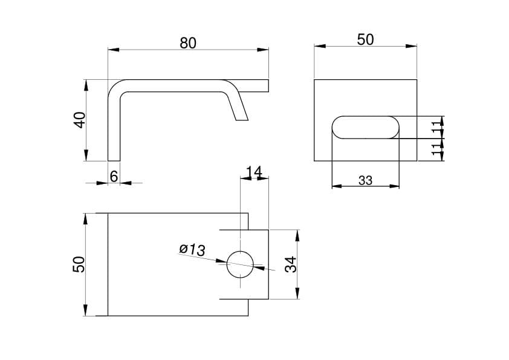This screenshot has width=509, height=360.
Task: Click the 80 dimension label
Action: (x=188, y=43)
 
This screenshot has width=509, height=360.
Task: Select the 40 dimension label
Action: (x=80, y=120)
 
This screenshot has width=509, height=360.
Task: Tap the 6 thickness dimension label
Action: (x=114, y=177)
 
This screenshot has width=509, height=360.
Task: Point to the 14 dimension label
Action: (x=254, y=172)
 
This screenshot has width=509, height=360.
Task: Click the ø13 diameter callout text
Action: (x=192, y=249)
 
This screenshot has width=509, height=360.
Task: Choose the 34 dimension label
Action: (x=291, y=264)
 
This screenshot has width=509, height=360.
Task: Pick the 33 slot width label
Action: (x=365, y=180)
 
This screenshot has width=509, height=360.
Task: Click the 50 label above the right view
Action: (x=366, y=40)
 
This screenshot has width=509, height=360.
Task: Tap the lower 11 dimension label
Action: (x=437, y=148)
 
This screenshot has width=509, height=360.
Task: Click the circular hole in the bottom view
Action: (x=240, y=264)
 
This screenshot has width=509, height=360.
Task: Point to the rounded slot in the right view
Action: (x=366, y=128)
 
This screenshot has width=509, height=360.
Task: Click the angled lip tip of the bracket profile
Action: (x=242, y=120)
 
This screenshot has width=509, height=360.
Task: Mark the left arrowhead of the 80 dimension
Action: (x=114, y=50)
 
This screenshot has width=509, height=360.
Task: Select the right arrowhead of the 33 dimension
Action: (x=394, y=186)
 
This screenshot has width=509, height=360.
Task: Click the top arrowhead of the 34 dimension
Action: (x=297, y=235)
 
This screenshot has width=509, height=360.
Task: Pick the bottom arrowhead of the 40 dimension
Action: (x=86, y=155)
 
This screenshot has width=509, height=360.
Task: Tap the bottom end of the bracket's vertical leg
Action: (x=114, y=160)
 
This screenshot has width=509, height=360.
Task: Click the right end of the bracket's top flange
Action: (x=268, y=86)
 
